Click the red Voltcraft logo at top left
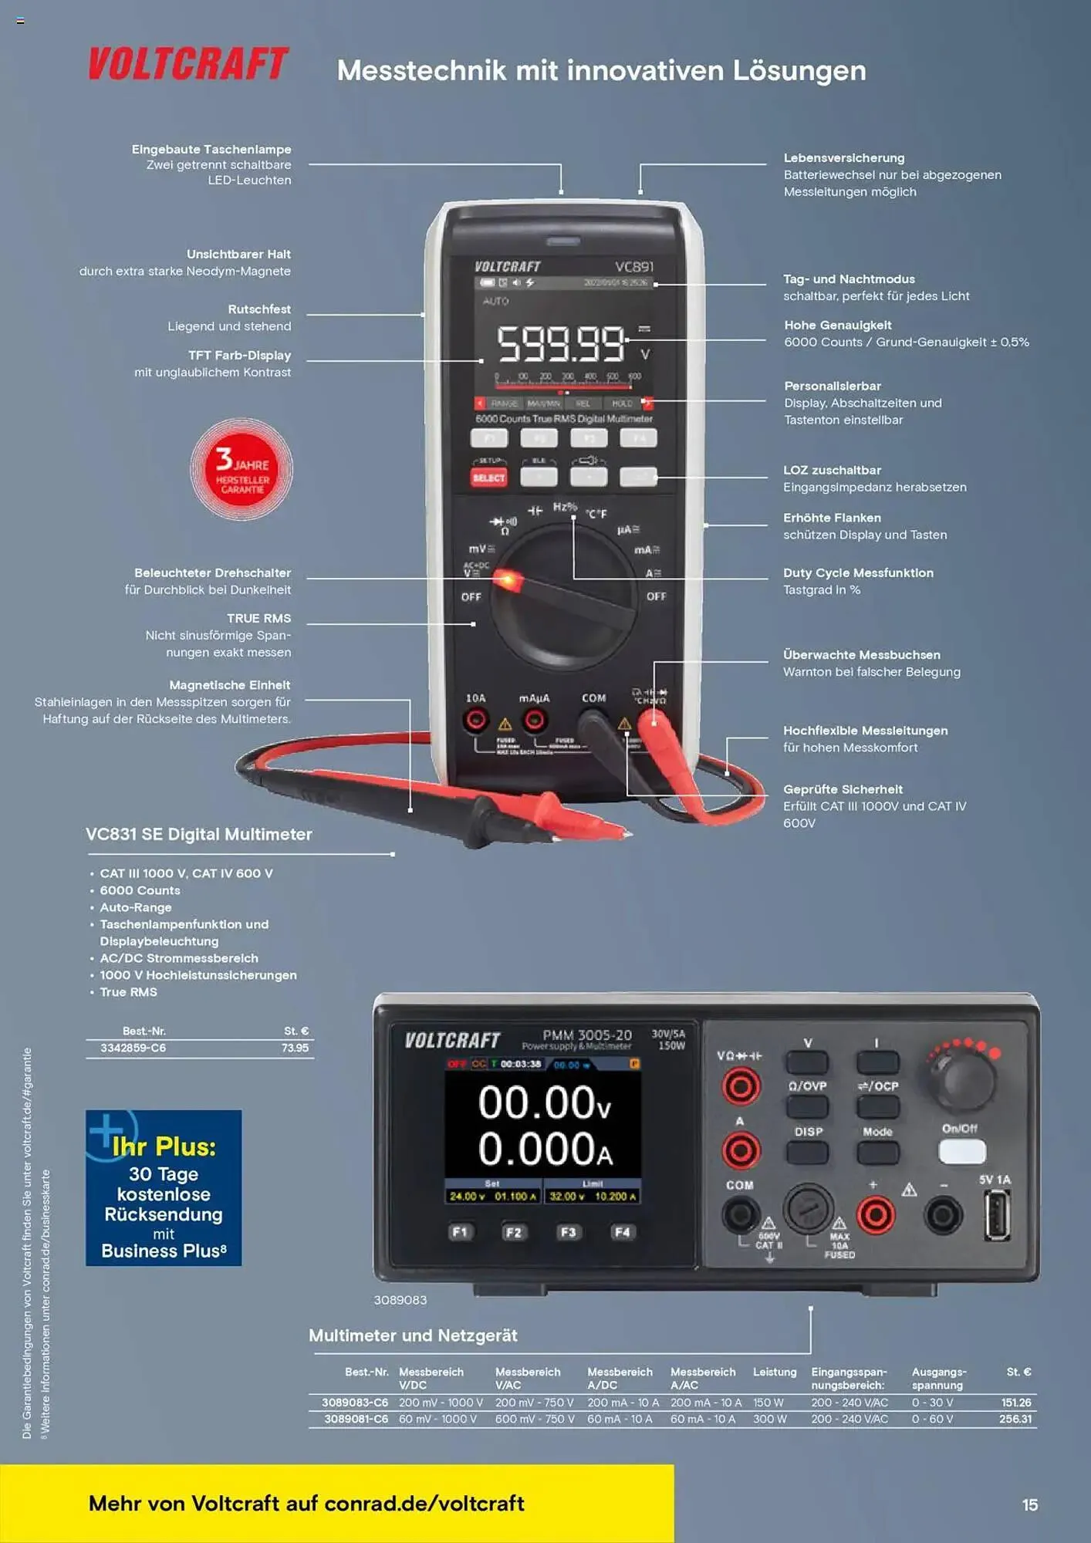(188, 64)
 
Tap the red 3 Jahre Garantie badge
(242, 469)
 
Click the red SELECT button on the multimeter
(488, 478)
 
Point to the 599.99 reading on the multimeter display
(561, 344)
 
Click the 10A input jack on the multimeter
(475, 721)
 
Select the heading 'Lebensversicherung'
(844, 158)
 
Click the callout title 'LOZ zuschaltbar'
(832, 471)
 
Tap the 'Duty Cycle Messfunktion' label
(858, 573)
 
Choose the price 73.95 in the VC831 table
(295, 1048)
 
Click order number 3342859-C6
(133, 1048)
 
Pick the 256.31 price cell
(1015, 1420)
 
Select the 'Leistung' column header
(775, 1372)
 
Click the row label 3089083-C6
(355, 1403)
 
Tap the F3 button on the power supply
(568, 1232)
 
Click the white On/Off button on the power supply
(961, 1152)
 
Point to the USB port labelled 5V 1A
(996, 1215)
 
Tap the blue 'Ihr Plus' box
(164, 1188)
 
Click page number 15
(1029, 1505)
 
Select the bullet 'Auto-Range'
(136, 908)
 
